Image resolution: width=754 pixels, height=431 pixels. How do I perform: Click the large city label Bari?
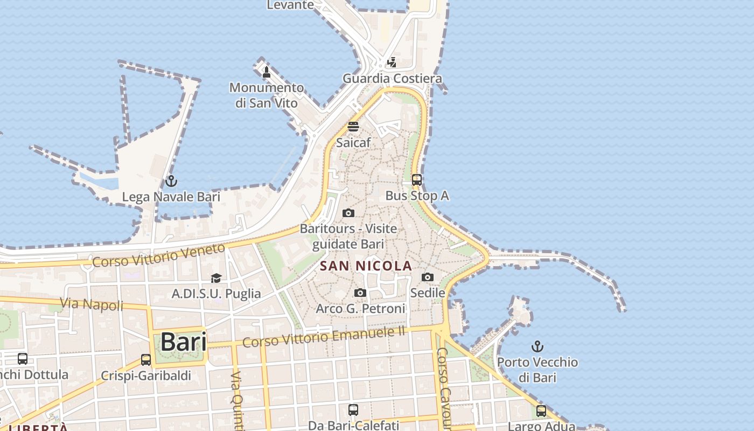(184, 342)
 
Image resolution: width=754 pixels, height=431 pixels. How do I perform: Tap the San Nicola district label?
(366, 266)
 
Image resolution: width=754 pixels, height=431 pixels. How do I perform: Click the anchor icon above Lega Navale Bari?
(171, 181)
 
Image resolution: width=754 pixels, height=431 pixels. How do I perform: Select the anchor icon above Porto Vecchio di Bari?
(537, 346)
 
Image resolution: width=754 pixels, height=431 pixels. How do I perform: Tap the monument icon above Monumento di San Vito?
(266, 72)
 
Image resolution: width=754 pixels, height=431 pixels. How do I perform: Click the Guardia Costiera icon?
(392, 62)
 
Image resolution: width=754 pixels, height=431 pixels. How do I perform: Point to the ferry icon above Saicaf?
(353, 127)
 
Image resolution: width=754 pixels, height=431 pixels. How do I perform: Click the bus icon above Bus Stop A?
(417, 179)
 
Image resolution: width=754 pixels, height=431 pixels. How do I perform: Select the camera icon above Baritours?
(348, 213)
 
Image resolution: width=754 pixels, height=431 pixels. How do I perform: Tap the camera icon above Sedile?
(428, 277)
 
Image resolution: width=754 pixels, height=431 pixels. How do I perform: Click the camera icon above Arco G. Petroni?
(360, 293)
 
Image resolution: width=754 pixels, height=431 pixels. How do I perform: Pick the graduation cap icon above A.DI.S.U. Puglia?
(216, 278)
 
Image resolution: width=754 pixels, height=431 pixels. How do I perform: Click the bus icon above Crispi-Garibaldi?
(146, 359)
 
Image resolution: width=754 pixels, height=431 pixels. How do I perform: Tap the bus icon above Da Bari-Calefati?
(353, 410)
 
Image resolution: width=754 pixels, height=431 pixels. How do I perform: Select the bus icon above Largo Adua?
(541, 411)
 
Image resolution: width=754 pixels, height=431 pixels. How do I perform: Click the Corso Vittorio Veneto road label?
(158, 255)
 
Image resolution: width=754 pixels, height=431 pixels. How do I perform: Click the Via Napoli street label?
(92, 304)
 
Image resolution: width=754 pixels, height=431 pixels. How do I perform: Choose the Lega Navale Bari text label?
(171, 197)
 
